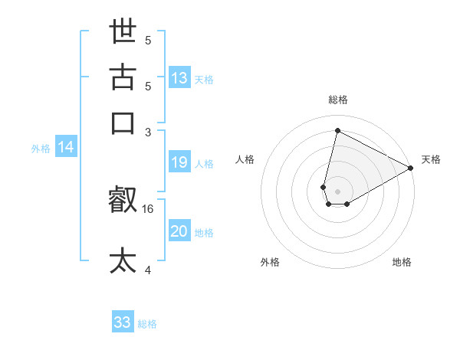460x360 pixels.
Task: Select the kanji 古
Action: (123, 77)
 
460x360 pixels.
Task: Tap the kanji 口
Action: (123, 123)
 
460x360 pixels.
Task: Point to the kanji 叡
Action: (123, 201)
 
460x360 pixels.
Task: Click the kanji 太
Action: (123, 260)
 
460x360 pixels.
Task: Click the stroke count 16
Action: (149, 208)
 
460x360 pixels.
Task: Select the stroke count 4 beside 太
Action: (149, 270)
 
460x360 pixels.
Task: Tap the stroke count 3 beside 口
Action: (149, 132)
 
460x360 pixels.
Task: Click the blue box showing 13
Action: (179, 77)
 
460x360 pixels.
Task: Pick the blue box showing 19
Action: (179, 162)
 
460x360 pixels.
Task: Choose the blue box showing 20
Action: (179, 231)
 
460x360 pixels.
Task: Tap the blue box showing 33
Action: (123, 322)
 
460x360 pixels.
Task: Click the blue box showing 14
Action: (66, 148)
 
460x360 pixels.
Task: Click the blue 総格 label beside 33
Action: (148, 324)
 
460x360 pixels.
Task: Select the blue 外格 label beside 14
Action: (41, 149)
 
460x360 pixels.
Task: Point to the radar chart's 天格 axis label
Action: (431, 159)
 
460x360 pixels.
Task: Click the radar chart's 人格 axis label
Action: (245, 159)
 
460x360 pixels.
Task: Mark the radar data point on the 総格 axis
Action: (337, 130)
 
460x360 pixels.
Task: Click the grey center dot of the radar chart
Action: (337, 191)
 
